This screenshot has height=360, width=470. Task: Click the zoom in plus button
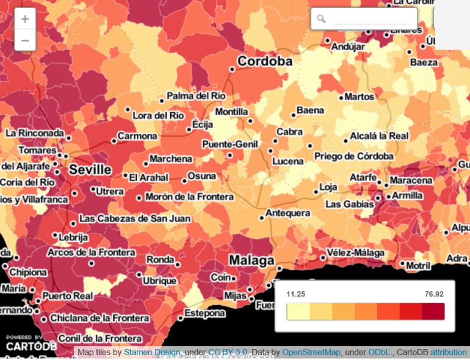[25, 20]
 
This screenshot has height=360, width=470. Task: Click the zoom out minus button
[25, 41]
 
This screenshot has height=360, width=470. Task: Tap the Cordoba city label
[264, 62]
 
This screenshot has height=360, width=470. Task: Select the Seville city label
[90, 169]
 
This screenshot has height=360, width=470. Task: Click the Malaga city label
[251, 261]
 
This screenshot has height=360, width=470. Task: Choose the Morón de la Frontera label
[189, 197]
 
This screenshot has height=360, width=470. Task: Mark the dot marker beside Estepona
[181, 318]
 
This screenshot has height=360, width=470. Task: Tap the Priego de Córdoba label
[353, 156]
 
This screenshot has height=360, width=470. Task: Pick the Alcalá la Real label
[380, 136]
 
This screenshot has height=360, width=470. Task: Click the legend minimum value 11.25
[296, 293]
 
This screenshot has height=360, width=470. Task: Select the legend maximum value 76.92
[435, 293]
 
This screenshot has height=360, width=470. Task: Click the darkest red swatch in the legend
[433, 312]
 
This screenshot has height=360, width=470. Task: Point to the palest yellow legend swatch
[298, 312]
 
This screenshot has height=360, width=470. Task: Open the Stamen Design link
[152, 352]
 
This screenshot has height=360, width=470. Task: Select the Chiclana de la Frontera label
[99, 318]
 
